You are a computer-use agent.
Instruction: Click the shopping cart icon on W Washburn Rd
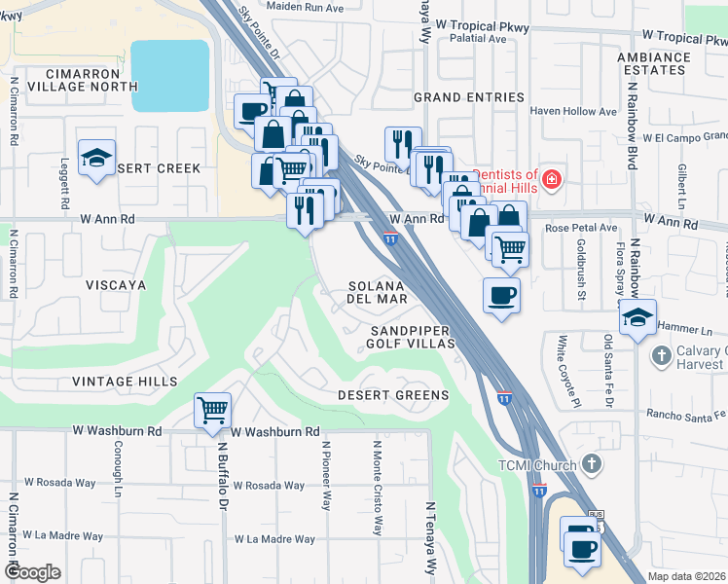212,410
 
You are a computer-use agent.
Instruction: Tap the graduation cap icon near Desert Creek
96,159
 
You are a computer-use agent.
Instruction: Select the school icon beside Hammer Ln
637,318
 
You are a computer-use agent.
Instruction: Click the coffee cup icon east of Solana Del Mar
501,296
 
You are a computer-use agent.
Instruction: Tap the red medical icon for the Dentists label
552,179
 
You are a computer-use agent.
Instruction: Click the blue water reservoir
169,77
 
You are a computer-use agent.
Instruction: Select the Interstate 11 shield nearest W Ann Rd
389,238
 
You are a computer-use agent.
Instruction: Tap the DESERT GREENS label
393,395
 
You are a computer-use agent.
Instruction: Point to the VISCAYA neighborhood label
115,285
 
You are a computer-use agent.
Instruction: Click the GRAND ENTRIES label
468,98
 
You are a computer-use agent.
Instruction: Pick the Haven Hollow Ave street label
573,112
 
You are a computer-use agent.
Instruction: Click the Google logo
32,572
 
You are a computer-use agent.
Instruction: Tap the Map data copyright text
685,576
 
